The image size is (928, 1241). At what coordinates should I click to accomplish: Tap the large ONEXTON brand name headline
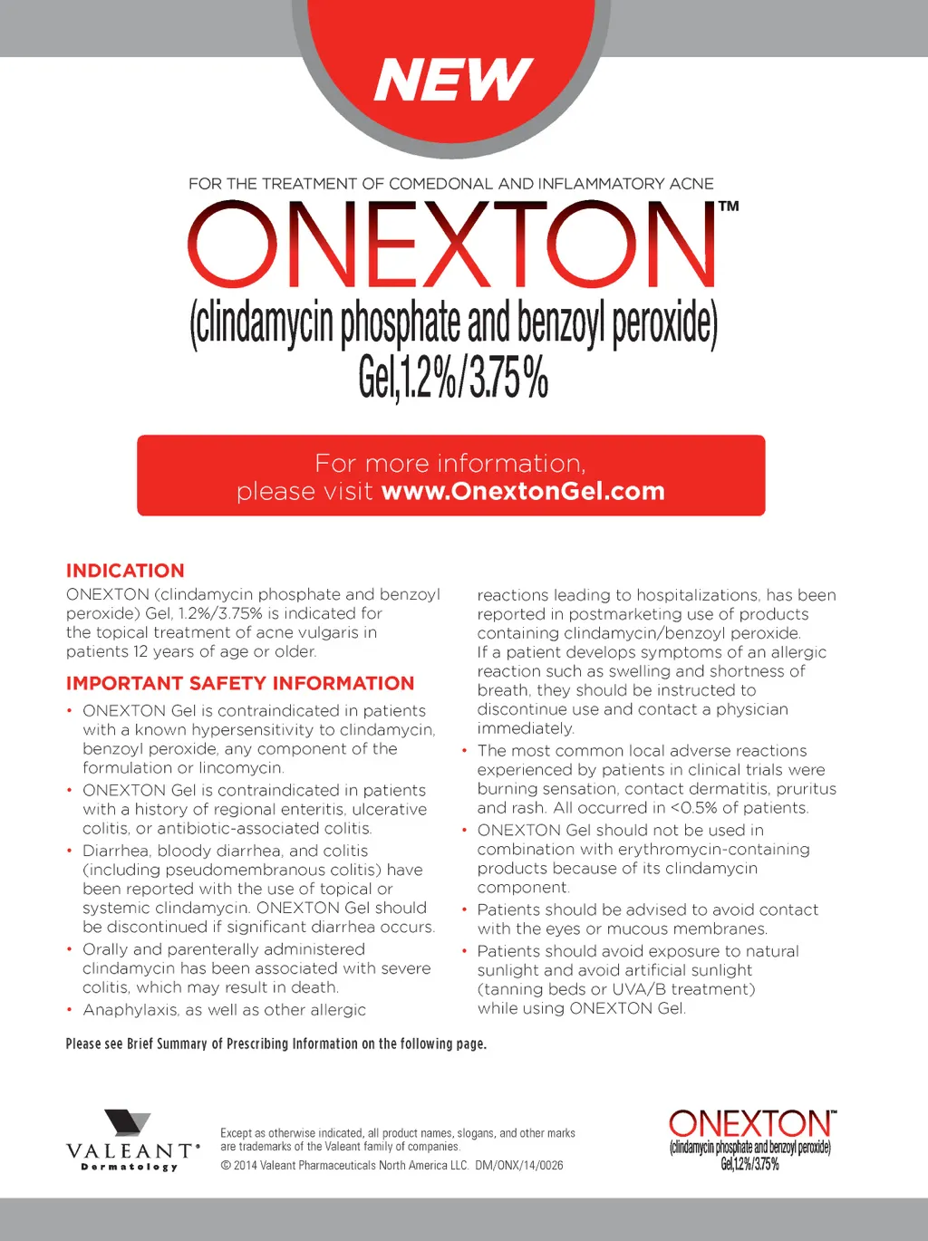click(451, 245)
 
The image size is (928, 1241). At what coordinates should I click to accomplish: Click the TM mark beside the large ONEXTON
click(729, 207)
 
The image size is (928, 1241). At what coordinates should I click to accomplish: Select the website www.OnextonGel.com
click(523, 491)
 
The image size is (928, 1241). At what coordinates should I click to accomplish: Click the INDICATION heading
click(125, 571)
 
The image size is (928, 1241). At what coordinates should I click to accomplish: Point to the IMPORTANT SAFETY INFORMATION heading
click(240, 683)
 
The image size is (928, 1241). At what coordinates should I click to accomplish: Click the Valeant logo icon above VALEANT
click(128, 1123)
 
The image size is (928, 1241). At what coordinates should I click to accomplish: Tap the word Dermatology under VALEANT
click(130, 1167)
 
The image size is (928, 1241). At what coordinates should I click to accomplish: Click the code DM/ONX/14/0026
click(519, 1166)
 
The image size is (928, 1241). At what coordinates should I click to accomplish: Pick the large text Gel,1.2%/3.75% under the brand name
click(453, 377)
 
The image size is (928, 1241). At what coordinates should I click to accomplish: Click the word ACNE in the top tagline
click(691, 184)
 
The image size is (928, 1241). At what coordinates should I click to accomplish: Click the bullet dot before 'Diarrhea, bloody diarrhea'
click(70, 851)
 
